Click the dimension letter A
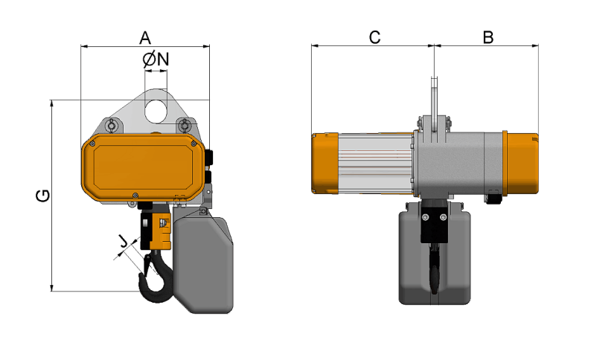coord(145,36)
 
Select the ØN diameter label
coord(156,60)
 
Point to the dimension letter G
coord(43,196)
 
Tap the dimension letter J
coord(122,240)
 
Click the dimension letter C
coord(374,36)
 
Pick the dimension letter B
coord(488,36)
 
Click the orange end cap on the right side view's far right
coord(521,164)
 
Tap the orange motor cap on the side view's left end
coord(325,164)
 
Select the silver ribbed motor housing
coord(376,163)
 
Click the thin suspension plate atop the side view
coord(434,97)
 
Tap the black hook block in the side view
coord(433,225)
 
